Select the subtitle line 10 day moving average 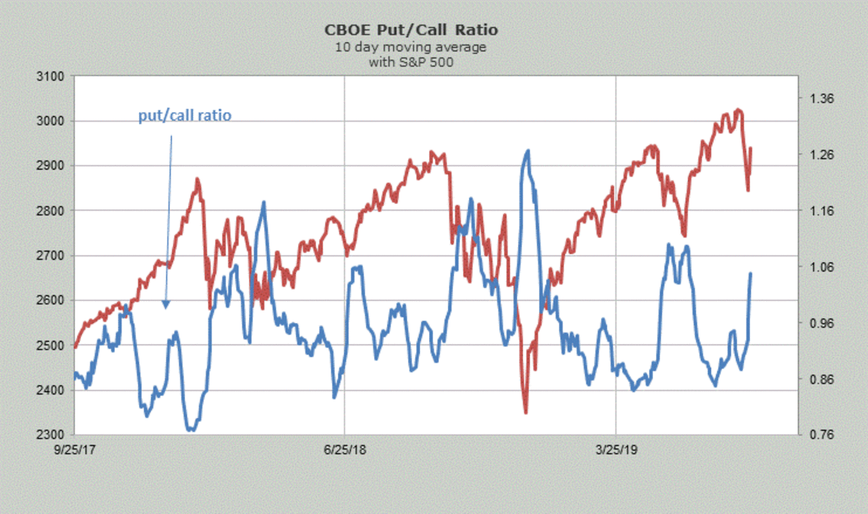coord(411,47)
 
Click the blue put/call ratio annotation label coord(185,116)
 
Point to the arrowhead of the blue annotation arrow coord(166,305)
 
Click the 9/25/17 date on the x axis coord(75,450)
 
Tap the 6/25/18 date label coord(345,450)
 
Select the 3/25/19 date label coord(616,450)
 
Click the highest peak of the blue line coord(527,151)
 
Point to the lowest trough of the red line coord(525,413)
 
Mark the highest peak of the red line coord(738,110)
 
